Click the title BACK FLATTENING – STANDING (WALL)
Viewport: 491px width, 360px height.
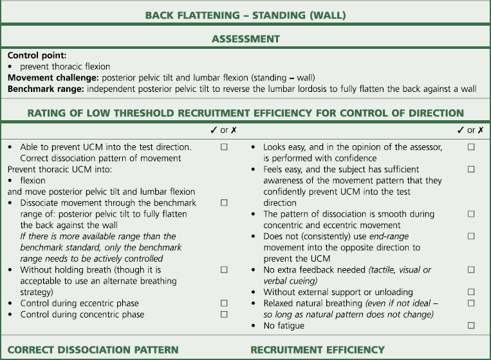point(245,14)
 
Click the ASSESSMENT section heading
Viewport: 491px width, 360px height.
point(245,39)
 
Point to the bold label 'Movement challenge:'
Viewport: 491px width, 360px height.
point(47,78)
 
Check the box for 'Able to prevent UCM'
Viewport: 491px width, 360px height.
point(224,147)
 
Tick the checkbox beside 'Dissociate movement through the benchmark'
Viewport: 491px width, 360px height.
point(224,203)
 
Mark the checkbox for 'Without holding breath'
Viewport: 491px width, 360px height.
point(224,269)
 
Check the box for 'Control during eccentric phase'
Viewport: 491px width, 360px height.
point(224,303)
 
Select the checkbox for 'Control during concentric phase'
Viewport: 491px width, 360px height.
point(224,314)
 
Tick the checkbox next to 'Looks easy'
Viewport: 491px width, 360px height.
point(471,147)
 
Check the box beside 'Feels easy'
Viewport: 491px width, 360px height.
point(471,169)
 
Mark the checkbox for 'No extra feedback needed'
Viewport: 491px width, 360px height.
point(471,269)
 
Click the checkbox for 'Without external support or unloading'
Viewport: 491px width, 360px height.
point(471,292)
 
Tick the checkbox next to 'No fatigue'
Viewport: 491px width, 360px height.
point(471,326)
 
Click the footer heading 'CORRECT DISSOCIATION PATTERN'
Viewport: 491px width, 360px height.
point(93,350)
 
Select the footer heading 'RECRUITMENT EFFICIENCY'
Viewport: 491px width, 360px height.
point(317,350)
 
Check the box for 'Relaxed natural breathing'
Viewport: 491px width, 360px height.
point(471,303)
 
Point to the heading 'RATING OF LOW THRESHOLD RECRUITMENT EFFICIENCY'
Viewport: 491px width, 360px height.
point(245,113)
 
